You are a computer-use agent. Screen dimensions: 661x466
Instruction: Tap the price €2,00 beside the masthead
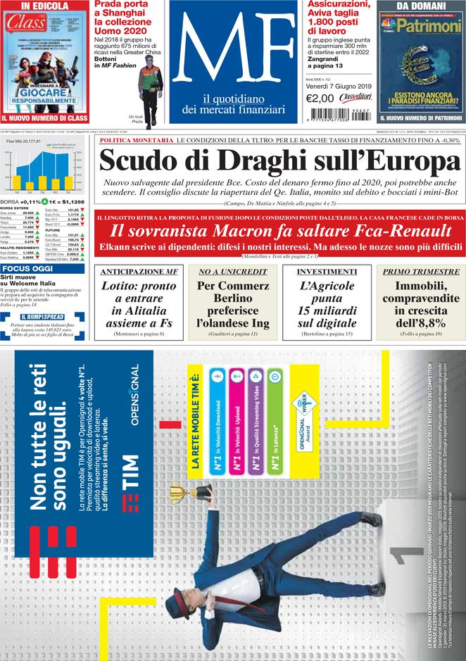320,99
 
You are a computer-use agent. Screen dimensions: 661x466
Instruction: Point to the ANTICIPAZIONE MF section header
139,272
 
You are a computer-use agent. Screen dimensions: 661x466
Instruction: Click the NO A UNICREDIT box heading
232,272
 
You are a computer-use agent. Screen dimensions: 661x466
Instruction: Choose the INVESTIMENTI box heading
326,272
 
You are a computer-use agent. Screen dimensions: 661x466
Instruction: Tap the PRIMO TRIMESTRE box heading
421,272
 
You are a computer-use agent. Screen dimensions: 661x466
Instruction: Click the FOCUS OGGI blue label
27,269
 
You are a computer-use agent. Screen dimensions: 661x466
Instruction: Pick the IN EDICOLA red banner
44,6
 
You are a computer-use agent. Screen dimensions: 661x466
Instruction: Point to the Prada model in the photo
149,84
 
